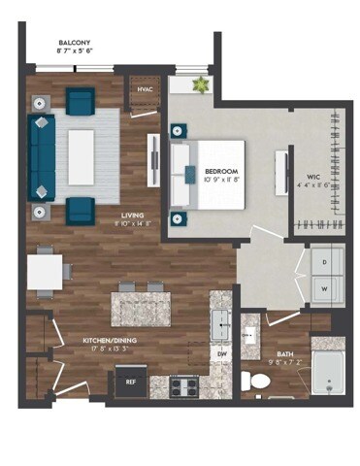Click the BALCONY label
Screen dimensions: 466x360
(x=75, y=44)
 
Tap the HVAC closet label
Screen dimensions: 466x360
(x=146, y=89)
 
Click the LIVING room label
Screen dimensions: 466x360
(x=133, y=216)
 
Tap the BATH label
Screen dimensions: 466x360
(x=285, y=354)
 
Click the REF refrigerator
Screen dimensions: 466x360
(x=131, y=382)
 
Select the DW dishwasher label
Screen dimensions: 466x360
(x=221, y=353)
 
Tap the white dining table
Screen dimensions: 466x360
(x=45, y=272)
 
